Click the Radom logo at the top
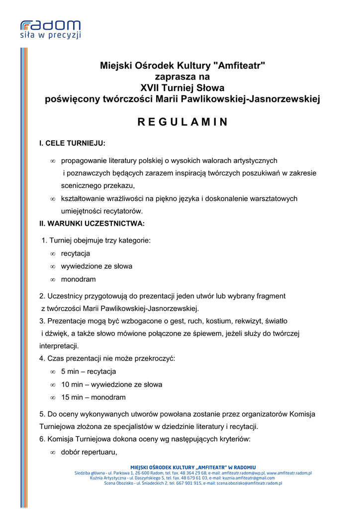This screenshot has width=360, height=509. pos(50,25)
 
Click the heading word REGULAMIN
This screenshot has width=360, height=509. pos(182,122)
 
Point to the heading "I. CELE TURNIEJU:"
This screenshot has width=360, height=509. pos(72,143)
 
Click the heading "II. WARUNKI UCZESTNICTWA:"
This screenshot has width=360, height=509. pos(92,223)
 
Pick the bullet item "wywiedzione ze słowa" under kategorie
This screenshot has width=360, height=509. pos(96,266)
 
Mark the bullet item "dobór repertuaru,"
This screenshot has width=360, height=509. pos(89,452)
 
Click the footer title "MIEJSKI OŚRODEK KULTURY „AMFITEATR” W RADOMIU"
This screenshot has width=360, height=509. pos(193,467)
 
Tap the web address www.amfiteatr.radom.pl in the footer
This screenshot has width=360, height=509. pos(289,473)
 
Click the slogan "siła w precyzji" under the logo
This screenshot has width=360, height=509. pos(50,35)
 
